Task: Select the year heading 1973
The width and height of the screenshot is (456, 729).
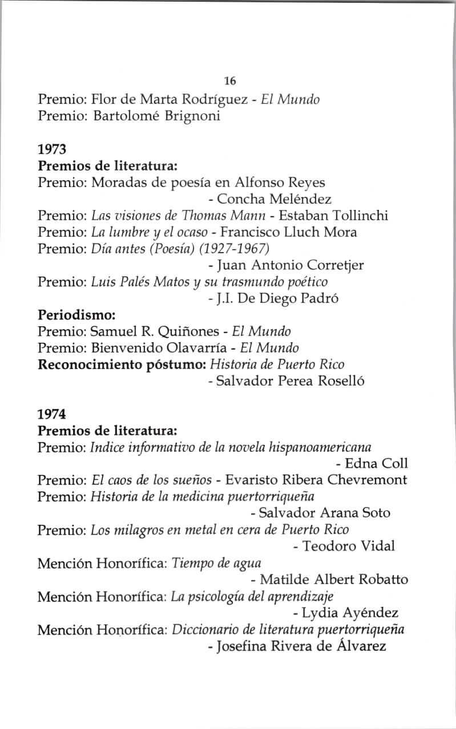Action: (x=53, y=150)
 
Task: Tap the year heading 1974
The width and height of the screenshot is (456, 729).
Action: (x=53, y=412)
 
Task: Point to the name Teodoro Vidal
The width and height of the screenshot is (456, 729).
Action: (x=348, y=546)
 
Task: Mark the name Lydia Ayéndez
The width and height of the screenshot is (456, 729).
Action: (x=350, y=613)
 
